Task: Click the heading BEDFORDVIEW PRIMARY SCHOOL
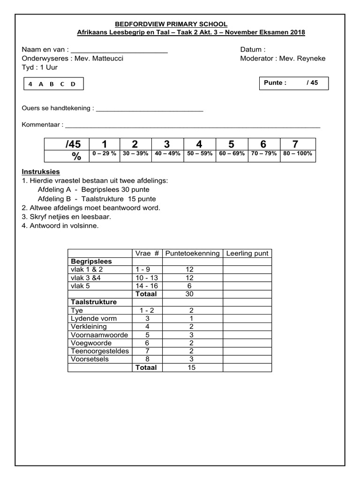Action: click(x=171, y=24)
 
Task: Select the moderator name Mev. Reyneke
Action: click(x=302, y=59)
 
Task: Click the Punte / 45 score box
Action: click(x=293, y=83)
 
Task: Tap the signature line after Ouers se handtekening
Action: click(x=149, y=108)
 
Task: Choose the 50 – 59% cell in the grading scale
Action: click(x=199, y=154)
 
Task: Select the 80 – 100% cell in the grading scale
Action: click(x=298, y=154)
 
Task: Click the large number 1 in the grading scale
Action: click(x=104, y=144)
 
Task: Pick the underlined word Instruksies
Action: click(x=41, y=172)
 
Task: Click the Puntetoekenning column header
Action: click(x=192, y=253)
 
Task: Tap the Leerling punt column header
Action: click(x=247, y=253)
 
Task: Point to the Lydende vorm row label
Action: click(x=94, y=319)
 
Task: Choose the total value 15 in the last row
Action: click(x=192, y=367)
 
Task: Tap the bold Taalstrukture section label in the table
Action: click(x=94, y=302)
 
